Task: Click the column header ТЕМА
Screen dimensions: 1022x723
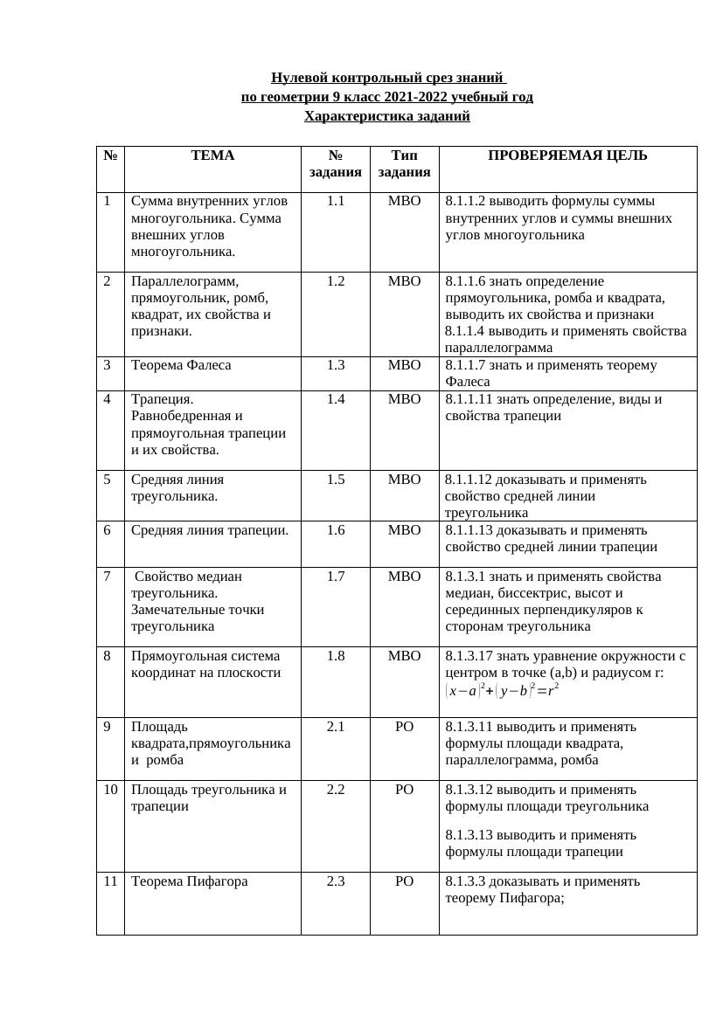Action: point(212,155)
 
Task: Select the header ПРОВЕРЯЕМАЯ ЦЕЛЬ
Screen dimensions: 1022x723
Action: point(567,155)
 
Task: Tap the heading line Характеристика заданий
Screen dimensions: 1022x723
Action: point(386,115)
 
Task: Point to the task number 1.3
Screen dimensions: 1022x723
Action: point(336,365)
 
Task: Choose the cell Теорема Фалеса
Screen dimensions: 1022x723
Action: point(181,365)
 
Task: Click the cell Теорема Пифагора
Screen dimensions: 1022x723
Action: point(189,881)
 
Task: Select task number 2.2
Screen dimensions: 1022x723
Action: point(336,790)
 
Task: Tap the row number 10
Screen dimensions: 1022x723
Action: point(110,790)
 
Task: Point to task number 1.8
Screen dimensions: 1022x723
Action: point(336,656)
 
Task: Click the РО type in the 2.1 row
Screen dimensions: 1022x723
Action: point(404,727)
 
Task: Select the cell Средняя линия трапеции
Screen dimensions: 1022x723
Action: point(210,530)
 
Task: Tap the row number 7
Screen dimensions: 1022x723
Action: point(108,577)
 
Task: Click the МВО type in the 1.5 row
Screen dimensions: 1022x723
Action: point(404,480)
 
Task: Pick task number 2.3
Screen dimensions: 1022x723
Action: point(336,881)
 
